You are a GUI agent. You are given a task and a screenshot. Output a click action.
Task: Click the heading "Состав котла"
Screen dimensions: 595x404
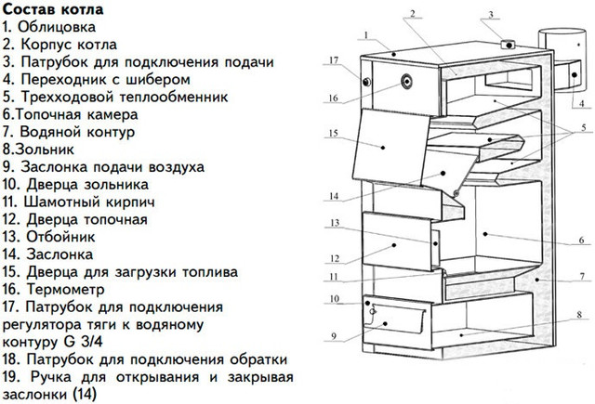pos(53,9)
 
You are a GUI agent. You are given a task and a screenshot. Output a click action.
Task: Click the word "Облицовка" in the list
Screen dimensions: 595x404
pos(57,27)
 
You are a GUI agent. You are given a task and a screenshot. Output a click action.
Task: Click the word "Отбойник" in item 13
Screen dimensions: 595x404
pos(60,237)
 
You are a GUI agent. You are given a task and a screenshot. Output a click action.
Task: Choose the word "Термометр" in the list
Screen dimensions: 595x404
pos(65,290)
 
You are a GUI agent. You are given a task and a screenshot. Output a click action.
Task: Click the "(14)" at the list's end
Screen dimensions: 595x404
pos(84,395)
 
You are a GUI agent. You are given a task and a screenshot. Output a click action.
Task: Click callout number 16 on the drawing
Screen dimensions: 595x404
pos(333,98)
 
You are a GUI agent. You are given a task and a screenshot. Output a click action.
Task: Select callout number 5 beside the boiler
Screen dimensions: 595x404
pos(584,127)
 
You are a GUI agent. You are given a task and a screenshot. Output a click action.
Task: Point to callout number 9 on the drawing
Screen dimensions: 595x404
pos(334,336)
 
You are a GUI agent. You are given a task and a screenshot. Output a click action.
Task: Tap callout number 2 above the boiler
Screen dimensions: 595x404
pos(412,14)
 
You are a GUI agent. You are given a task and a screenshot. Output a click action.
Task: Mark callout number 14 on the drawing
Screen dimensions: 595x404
pos(334,196)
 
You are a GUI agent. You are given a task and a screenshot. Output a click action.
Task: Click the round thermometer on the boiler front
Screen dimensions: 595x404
pos(407,81)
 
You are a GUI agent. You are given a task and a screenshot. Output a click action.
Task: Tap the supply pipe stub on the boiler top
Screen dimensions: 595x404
pos(508,45)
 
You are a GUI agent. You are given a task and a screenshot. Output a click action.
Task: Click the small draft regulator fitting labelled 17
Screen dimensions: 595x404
pos(366,82)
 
